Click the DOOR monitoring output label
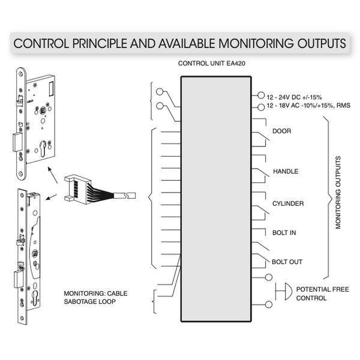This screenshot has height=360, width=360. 282,131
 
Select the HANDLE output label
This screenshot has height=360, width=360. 286,172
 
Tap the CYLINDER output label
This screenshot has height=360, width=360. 288,203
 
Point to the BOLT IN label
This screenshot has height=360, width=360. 284,232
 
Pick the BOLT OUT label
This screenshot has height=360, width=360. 287,262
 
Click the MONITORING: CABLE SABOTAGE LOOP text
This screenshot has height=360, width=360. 96,297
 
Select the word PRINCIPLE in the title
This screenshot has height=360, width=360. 101,44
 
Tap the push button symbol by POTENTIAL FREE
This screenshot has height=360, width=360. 287,293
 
